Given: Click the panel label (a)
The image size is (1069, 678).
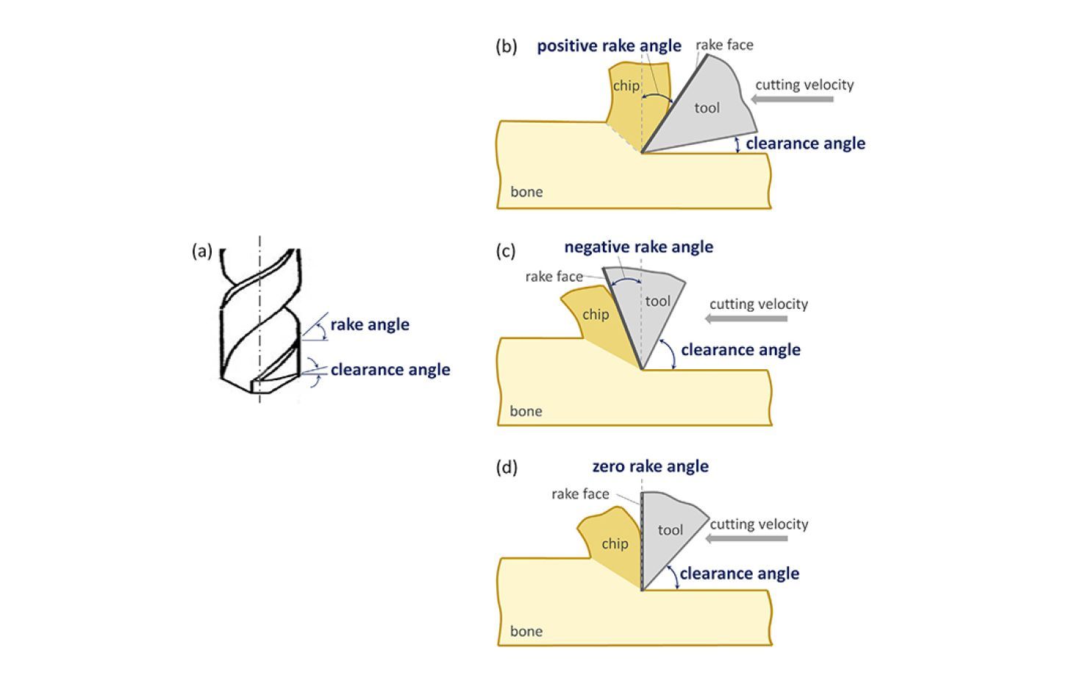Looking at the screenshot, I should point(201,251).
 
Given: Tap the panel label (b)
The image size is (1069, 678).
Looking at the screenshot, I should point(506,46).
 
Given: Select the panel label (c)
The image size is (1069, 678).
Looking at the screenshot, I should point(505,251).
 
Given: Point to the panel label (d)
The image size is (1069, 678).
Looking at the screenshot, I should point(507,467).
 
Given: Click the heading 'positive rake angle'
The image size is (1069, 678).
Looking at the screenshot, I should point(609,46).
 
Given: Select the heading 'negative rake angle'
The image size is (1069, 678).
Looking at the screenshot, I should point(638,247).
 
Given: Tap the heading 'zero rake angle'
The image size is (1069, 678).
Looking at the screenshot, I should point(650,466).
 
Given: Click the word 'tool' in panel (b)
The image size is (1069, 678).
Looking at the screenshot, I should point(707,108).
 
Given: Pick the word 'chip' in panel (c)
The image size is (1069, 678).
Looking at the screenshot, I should point(596,315).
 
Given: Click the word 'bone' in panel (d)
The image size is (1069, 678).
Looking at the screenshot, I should point(526,631).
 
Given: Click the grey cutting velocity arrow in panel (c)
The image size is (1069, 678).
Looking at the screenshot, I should point(746,318).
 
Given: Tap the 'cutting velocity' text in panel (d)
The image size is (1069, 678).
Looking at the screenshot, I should point(759,524).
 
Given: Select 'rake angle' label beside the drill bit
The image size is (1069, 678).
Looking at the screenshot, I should point(370,324).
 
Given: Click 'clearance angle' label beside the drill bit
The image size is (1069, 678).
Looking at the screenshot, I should point(390,370).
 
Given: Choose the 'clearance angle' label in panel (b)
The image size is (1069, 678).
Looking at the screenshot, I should point(805,143).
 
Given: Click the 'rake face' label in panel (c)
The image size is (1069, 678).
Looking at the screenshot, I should point(554,276).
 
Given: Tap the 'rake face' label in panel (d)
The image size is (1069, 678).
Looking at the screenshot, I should point(580,494).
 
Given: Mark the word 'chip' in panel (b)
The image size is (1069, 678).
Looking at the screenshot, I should point(626,86).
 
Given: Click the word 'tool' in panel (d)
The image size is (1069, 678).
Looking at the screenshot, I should point(670,530).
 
